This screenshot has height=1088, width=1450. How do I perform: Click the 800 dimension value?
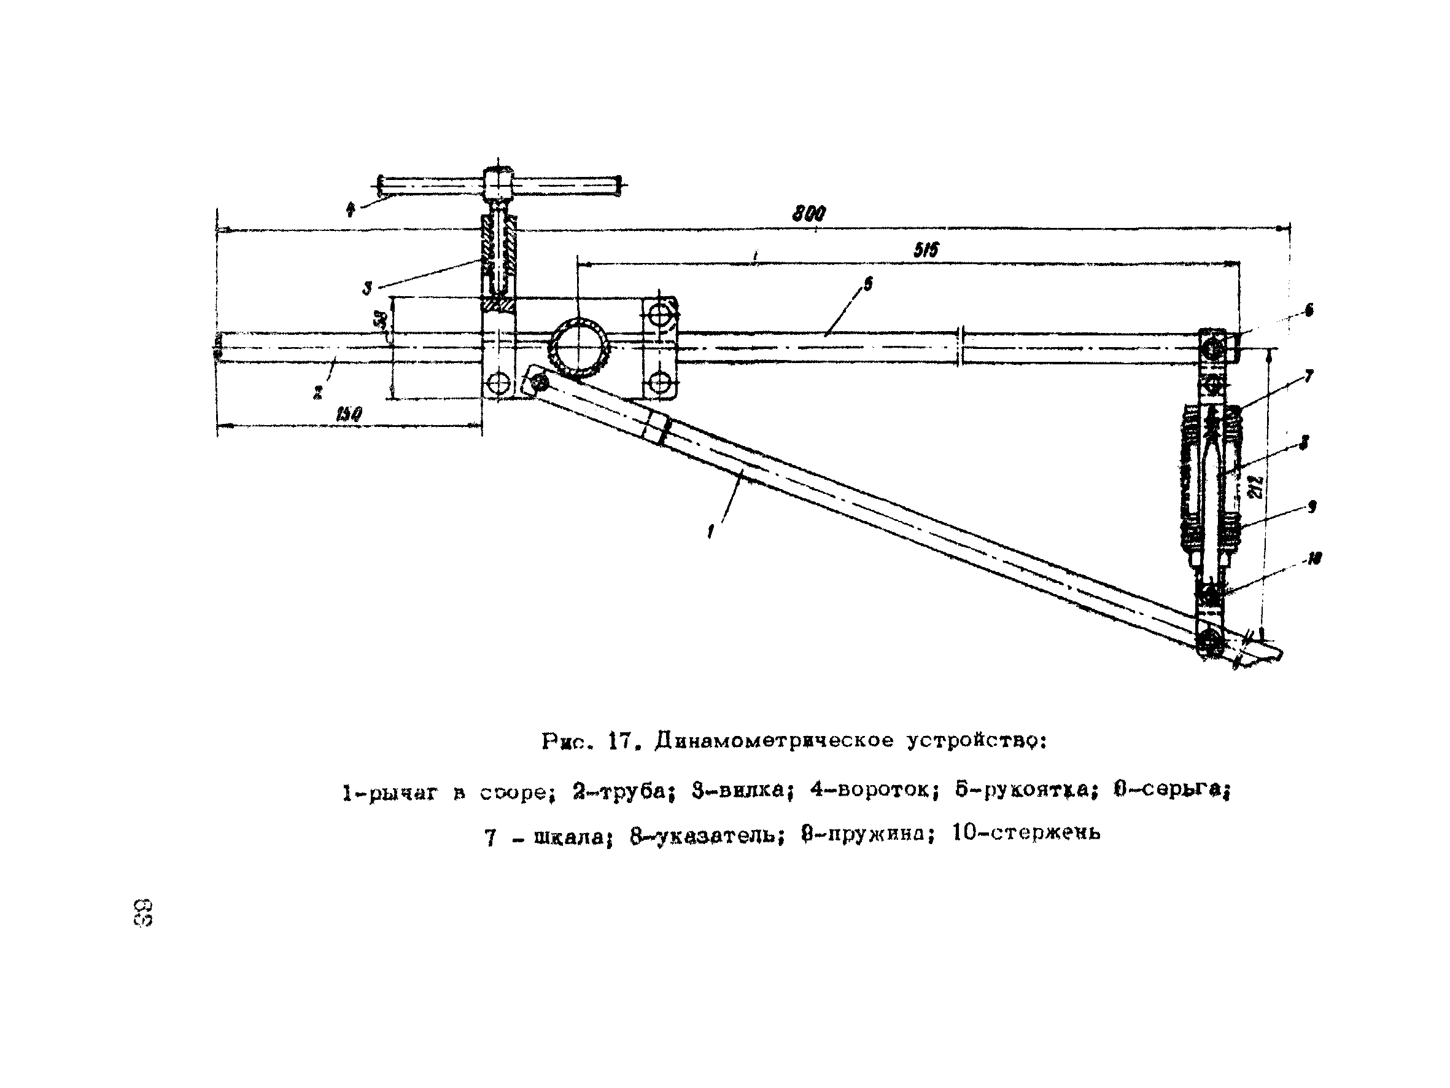point(809,213)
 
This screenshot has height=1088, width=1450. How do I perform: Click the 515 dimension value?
point(926,249)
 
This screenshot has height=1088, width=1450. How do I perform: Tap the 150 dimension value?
point(349,415)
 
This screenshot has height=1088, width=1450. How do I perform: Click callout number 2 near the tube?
point(318,392)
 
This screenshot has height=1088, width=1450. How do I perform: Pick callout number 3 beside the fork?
point(367,288)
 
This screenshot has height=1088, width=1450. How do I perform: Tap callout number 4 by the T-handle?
point(351,210)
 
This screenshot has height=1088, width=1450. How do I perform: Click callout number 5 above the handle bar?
point(868,283)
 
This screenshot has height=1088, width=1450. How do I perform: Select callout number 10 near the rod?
point(1314,558)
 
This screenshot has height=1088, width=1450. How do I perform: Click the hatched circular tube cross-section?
point(580,348)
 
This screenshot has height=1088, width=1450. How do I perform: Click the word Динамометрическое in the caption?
point(774,741)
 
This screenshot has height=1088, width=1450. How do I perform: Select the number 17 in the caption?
point(619,741)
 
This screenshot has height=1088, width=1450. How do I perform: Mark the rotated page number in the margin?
point(142,912)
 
